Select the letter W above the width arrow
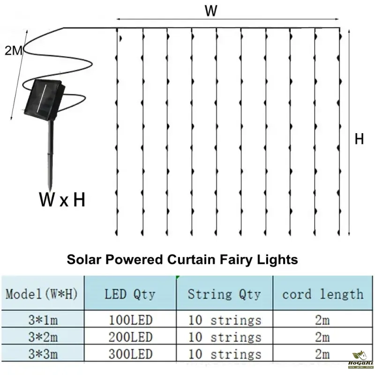(x=211, y=12)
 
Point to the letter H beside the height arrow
(x=359, y=140)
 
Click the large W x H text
(x=62, y=200)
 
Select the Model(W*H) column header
(x=41, y=295)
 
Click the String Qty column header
(x=224, y=294)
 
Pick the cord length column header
(x=322, y=294)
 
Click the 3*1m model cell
(x=41, y=321)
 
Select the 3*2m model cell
(x=41, y=337)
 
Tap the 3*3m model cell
(x=41, y=354)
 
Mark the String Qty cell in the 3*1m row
(x=225, y=321)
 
